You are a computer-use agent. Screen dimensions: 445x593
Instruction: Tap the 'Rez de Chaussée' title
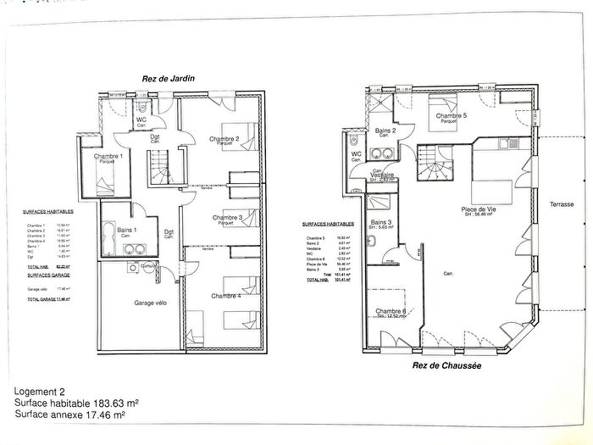(446, 365)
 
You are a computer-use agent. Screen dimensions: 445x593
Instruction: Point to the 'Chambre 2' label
(224, 138)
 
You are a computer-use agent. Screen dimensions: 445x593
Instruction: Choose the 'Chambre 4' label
(225, 295)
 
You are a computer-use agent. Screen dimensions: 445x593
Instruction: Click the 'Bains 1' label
(128, 230)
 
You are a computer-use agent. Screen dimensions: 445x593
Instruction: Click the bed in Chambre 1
(104, 179)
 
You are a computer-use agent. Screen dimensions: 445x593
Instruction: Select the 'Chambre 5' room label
(452, 115)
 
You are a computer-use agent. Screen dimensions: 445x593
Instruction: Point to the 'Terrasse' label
(561, 204)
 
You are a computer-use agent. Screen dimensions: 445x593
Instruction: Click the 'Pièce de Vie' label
(479, 209)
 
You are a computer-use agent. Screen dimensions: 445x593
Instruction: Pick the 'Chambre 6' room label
(391, 311)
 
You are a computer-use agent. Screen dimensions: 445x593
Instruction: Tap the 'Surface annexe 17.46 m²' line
(70, 416)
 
